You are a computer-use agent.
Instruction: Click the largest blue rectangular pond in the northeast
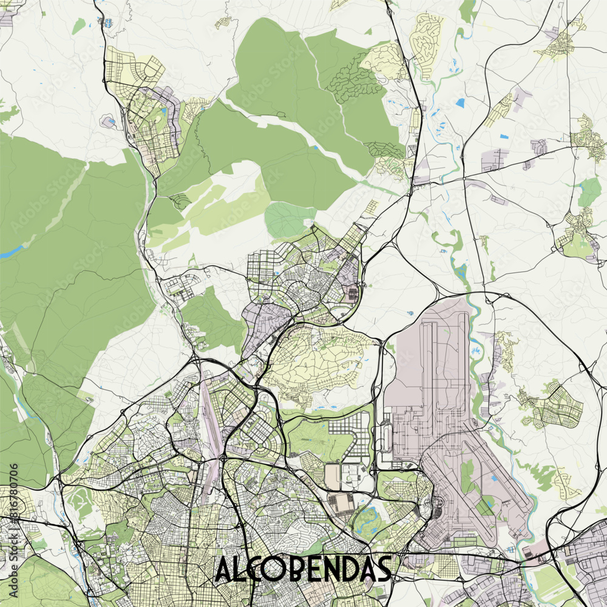pos(459,103)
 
